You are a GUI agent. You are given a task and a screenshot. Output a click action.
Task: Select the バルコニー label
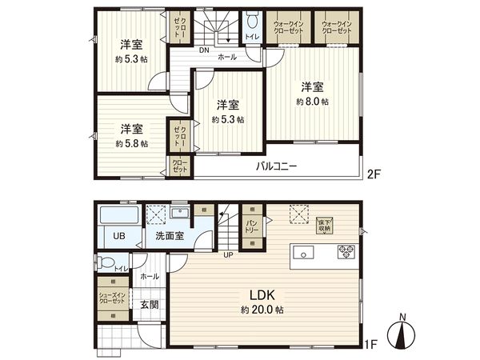pyautogui.click(x=277, y=167)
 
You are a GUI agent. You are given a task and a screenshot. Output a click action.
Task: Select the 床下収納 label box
pyautogui.click(x=324, y=226)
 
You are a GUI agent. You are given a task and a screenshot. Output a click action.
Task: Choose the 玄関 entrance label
pyautogui.click(x=149, y=304)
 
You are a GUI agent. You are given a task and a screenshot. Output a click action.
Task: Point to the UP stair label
pyautogui.click(x=227, y=256)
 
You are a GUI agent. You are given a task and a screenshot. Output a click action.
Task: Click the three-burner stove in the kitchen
pyautogui.click(x=346, y=252)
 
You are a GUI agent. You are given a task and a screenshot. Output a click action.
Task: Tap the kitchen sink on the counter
pyautogui.click(x=305, y=254)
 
